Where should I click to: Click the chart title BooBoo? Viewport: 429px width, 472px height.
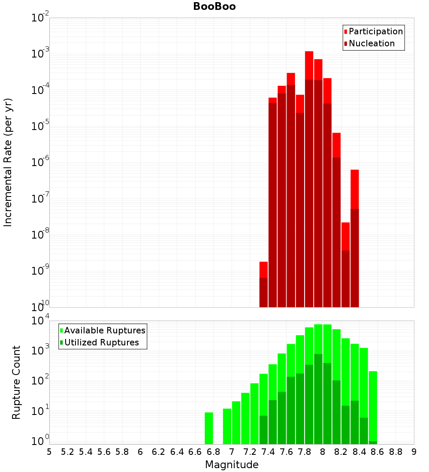(x=214, y=6)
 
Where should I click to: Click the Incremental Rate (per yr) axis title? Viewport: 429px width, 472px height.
(x=8, y=162)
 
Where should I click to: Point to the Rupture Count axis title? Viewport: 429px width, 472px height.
(x=16, y=382)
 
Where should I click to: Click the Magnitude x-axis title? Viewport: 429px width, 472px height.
(x=232, y=465)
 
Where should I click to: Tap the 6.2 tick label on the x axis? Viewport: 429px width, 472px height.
(x=159, y=452)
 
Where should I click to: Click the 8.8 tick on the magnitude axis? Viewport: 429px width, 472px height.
(x=396, y=452)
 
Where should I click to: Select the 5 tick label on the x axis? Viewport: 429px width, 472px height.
(x=49, y=452)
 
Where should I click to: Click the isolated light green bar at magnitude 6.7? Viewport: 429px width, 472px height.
(x=209, y=428)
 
